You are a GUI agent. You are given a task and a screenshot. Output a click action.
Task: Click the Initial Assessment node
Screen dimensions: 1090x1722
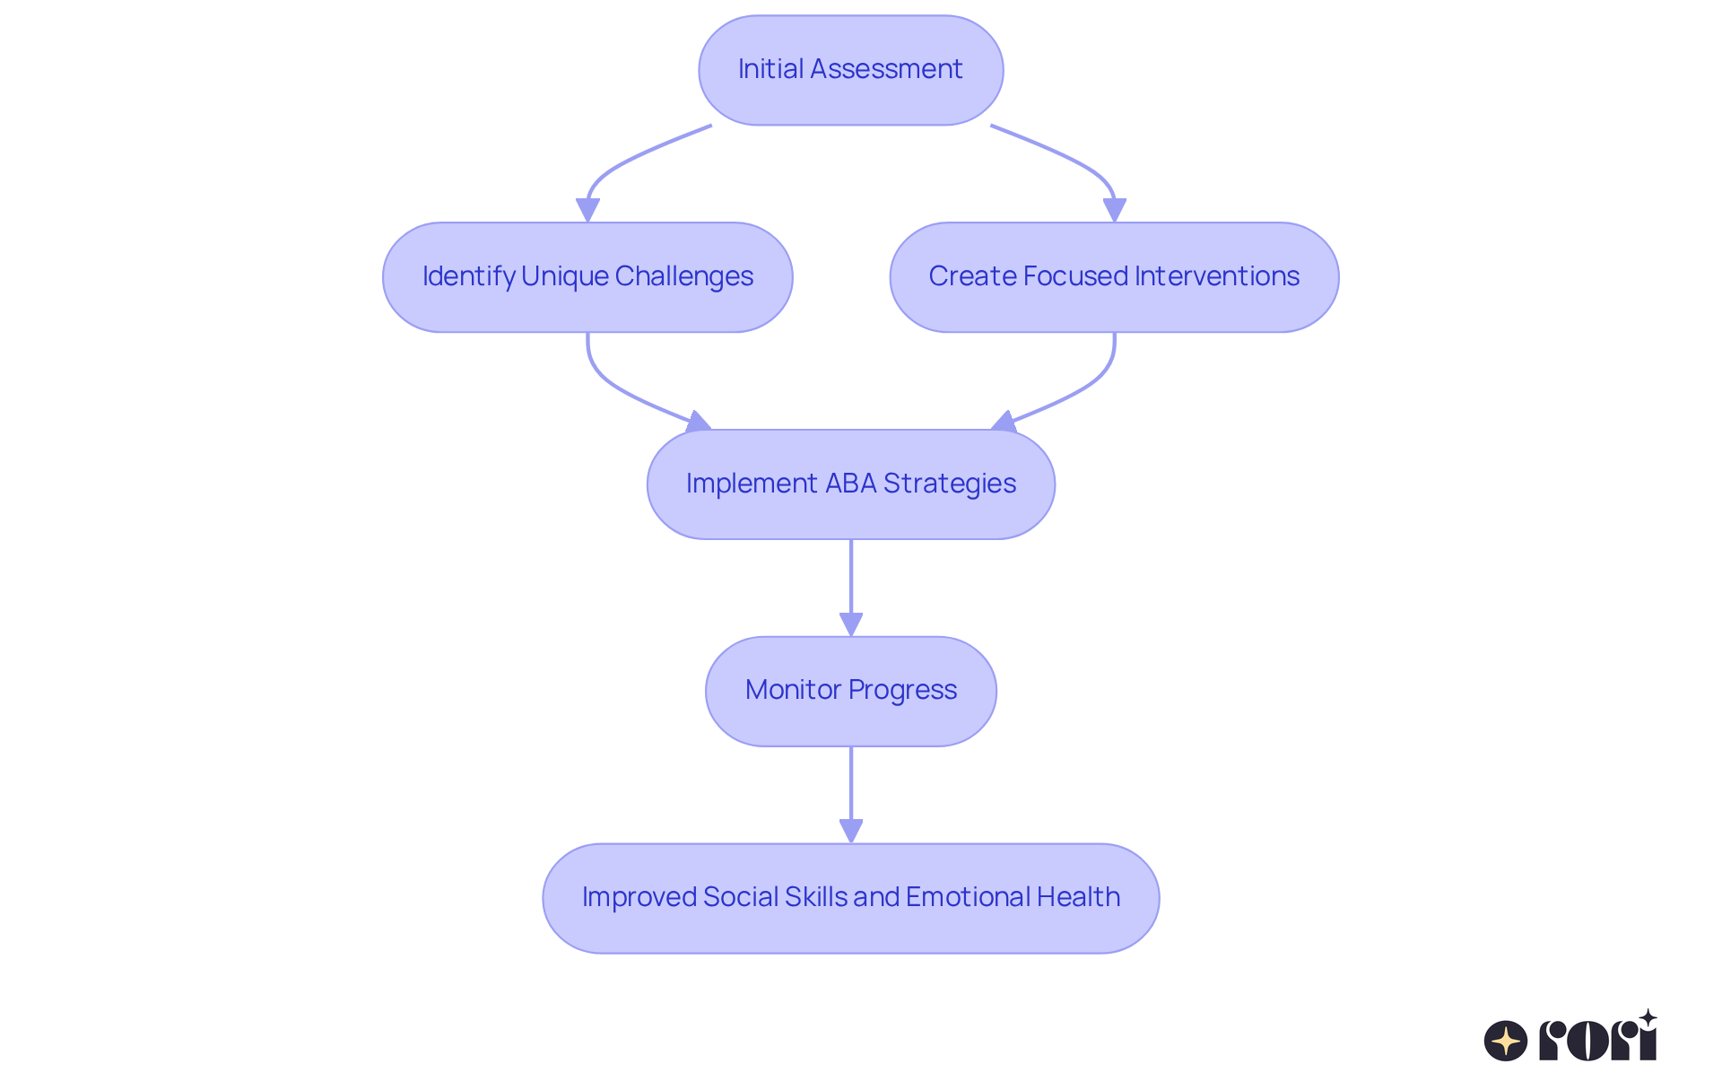pos(850,70)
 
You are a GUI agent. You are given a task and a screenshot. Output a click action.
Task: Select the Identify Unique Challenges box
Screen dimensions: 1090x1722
pos(587,277)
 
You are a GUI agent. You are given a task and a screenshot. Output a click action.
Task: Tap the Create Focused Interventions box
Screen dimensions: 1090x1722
pos(1114,277)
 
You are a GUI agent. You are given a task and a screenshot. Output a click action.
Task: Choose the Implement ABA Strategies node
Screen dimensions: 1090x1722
pos(850,484)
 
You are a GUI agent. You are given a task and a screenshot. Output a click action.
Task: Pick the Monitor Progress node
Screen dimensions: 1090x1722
pos(850,691)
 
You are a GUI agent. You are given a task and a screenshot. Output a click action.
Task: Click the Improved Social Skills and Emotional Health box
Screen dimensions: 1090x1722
pos(850,898)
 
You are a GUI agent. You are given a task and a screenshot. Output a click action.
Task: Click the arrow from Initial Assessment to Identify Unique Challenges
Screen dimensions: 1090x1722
pos(628,161)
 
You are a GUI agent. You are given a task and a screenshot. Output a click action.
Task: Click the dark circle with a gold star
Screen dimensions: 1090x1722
pos(1506,1041)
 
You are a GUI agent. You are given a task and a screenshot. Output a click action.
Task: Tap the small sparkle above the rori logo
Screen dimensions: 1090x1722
pos(1648,1018)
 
